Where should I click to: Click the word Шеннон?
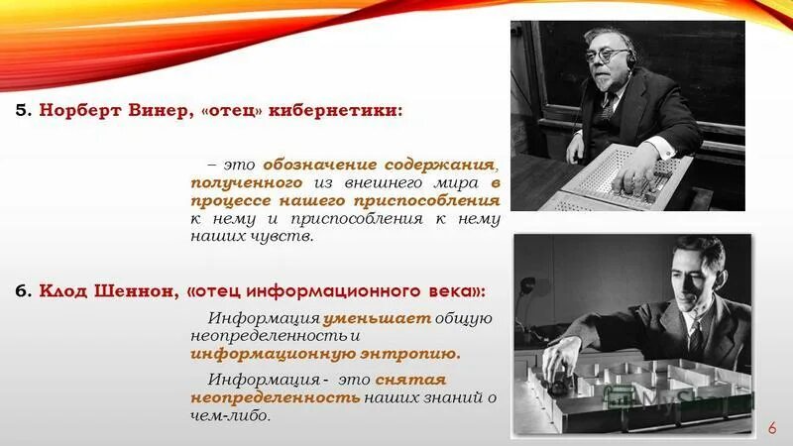[132, 290]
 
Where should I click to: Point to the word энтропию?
[417, 353]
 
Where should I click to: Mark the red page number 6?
[772, 426]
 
